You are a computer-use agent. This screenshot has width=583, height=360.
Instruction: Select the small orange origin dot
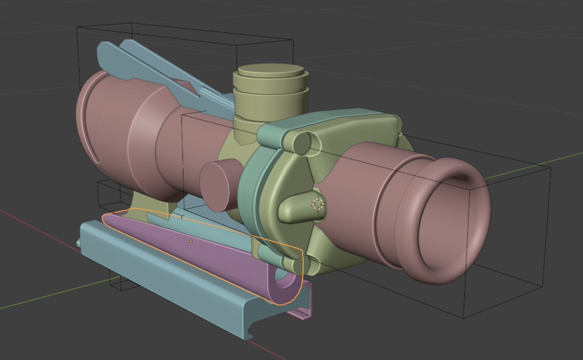191,241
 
